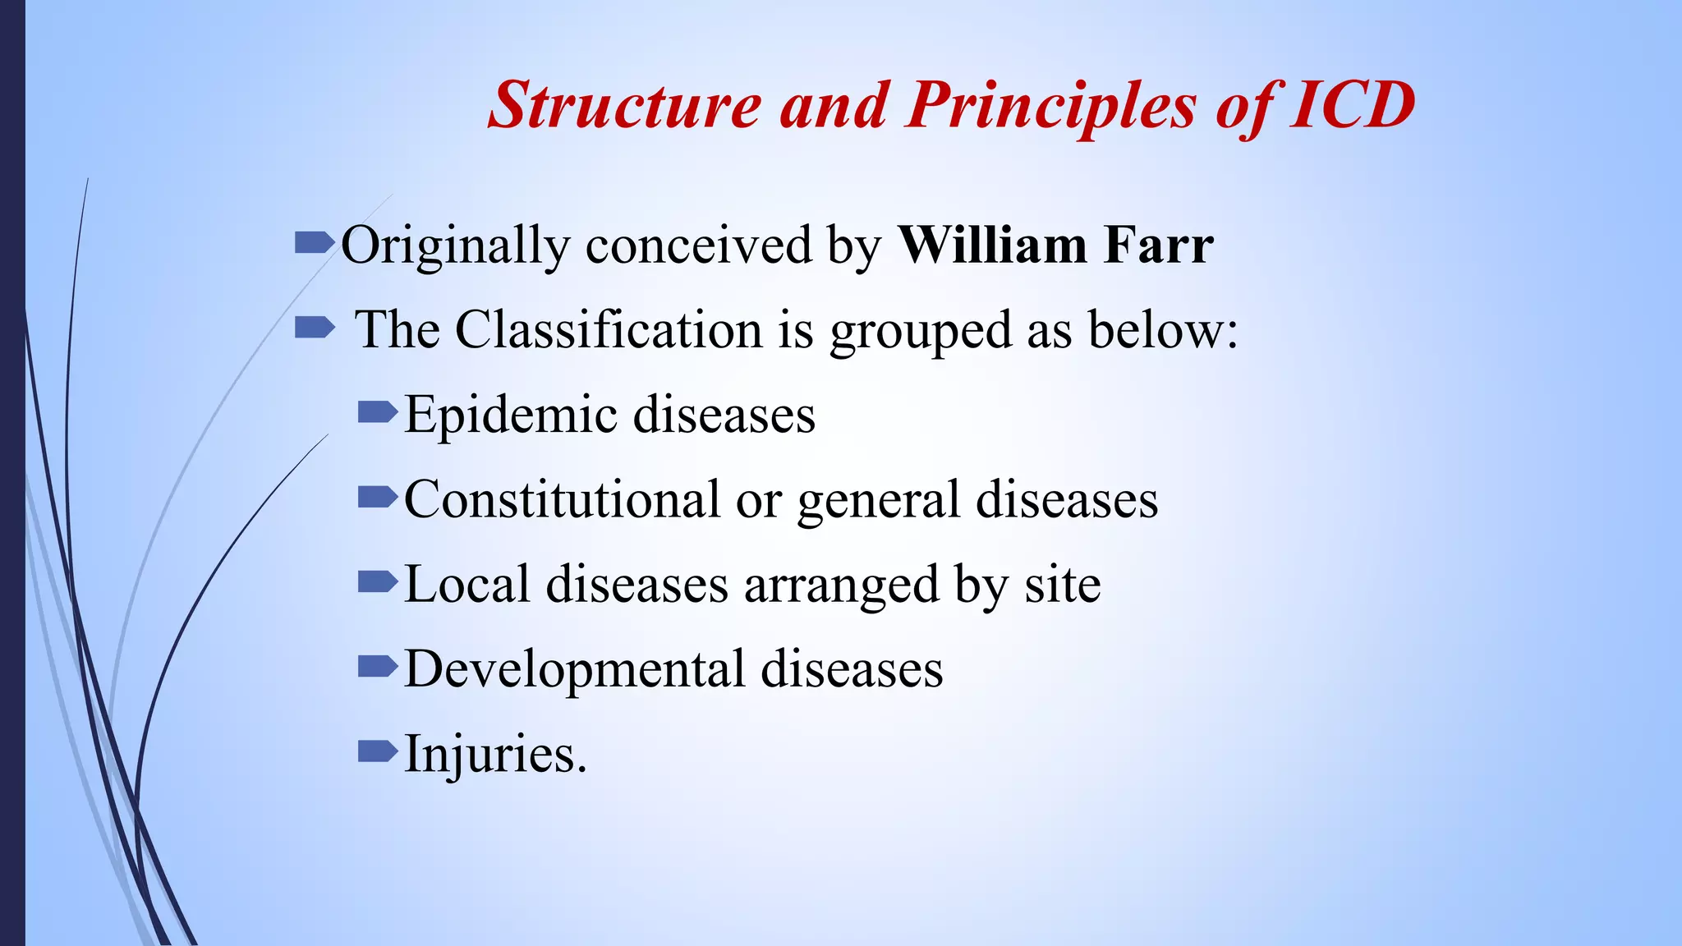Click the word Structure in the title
tap(624, 105)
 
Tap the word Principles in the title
tap(1051, 107)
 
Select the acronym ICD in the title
tap(1352, 105)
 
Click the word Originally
tap(455, 246)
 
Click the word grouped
tap(920, 332)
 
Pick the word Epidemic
tap(510, 415)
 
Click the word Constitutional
tap(561, 499)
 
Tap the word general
tap(878, 501)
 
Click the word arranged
tap(841, 586)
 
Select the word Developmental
tap(574, 669)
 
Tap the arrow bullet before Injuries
tap(378, 751)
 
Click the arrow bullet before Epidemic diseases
tap(378, 411)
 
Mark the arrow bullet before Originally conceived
tap(315, 243)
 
